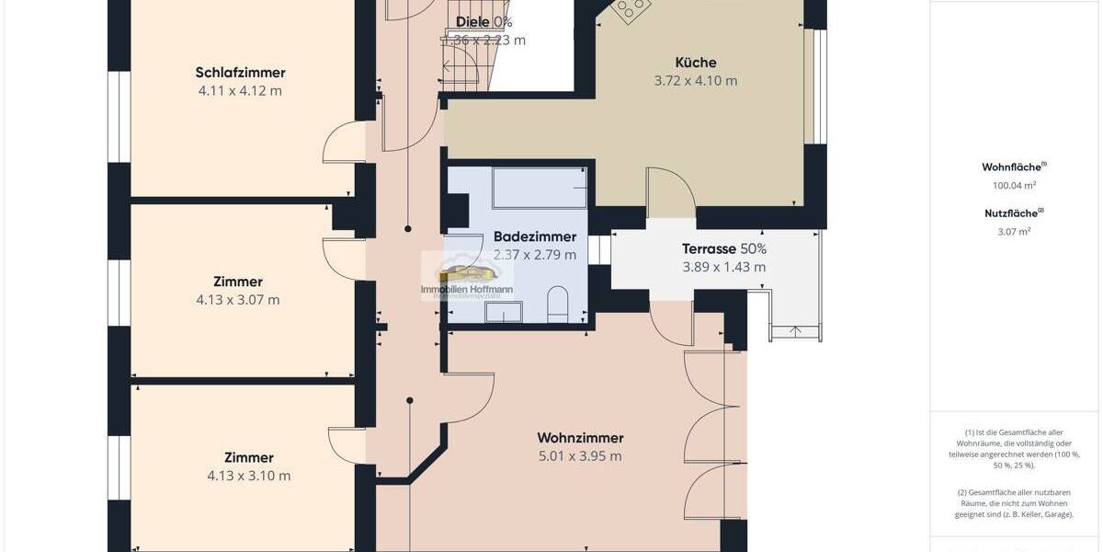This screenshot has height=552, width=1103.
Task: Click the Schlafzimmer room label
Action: coord(240,73)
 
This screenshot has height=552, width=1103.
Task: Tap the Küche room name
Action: coord(696,63)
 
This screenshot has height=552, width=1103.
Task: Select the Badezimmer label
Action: coord(535,236)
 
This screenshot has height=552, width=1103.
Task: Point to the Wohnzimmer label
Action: coord(580,438)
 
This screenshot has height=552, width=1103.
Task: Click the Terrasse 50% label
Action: coord(723,248)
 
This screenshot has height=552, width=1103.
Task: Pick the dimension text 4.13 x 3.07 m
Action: coord(239,300)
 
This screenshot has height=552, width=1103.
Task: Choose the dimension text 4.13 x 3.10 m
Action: coord(248,476)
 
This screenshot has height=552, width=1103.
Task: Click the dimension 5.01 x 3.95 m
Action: coord(580,456)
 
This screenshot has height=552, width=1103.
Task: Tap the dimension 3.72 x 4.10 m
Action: coord(696,81)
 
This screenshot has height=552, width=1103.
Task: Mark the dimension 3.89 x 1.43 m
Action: coord(723,268)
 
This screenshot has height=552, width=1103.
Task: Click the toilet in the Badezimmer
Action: coord(558,305)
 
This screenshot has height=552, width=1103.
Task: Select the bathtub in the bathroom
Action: coord(540,188)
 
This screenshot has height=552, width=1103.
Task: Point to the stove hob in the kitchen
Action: coord(631,10)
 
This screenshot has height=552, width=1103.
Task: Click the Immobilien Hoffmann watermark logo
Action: coord(467,276)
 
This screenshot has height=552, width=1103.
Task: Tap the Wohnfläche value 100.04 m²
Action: coord(1014,185)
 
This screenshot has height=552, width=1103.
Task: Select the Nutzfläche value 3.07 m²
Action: coord(1014,231)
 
